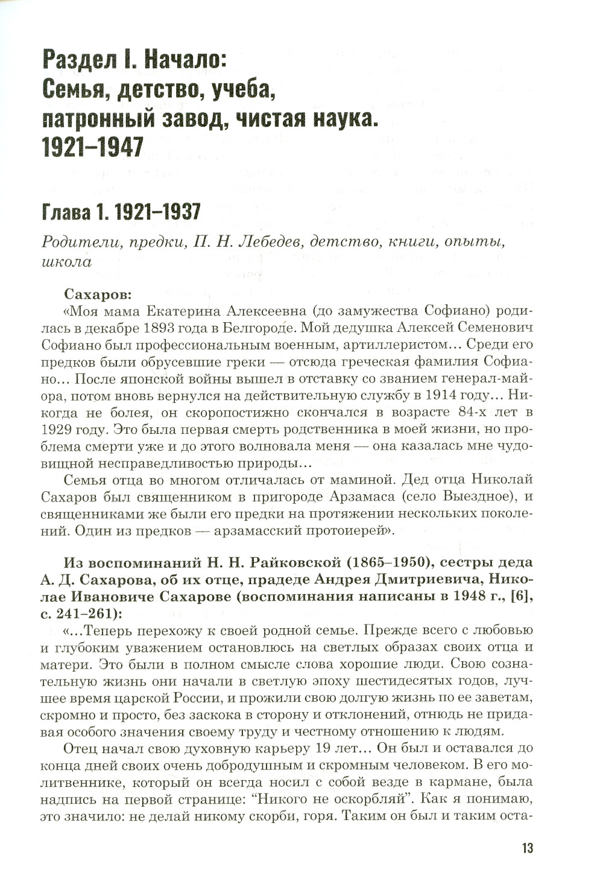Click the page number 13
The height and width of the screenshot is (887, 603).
tap(526, 848)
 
